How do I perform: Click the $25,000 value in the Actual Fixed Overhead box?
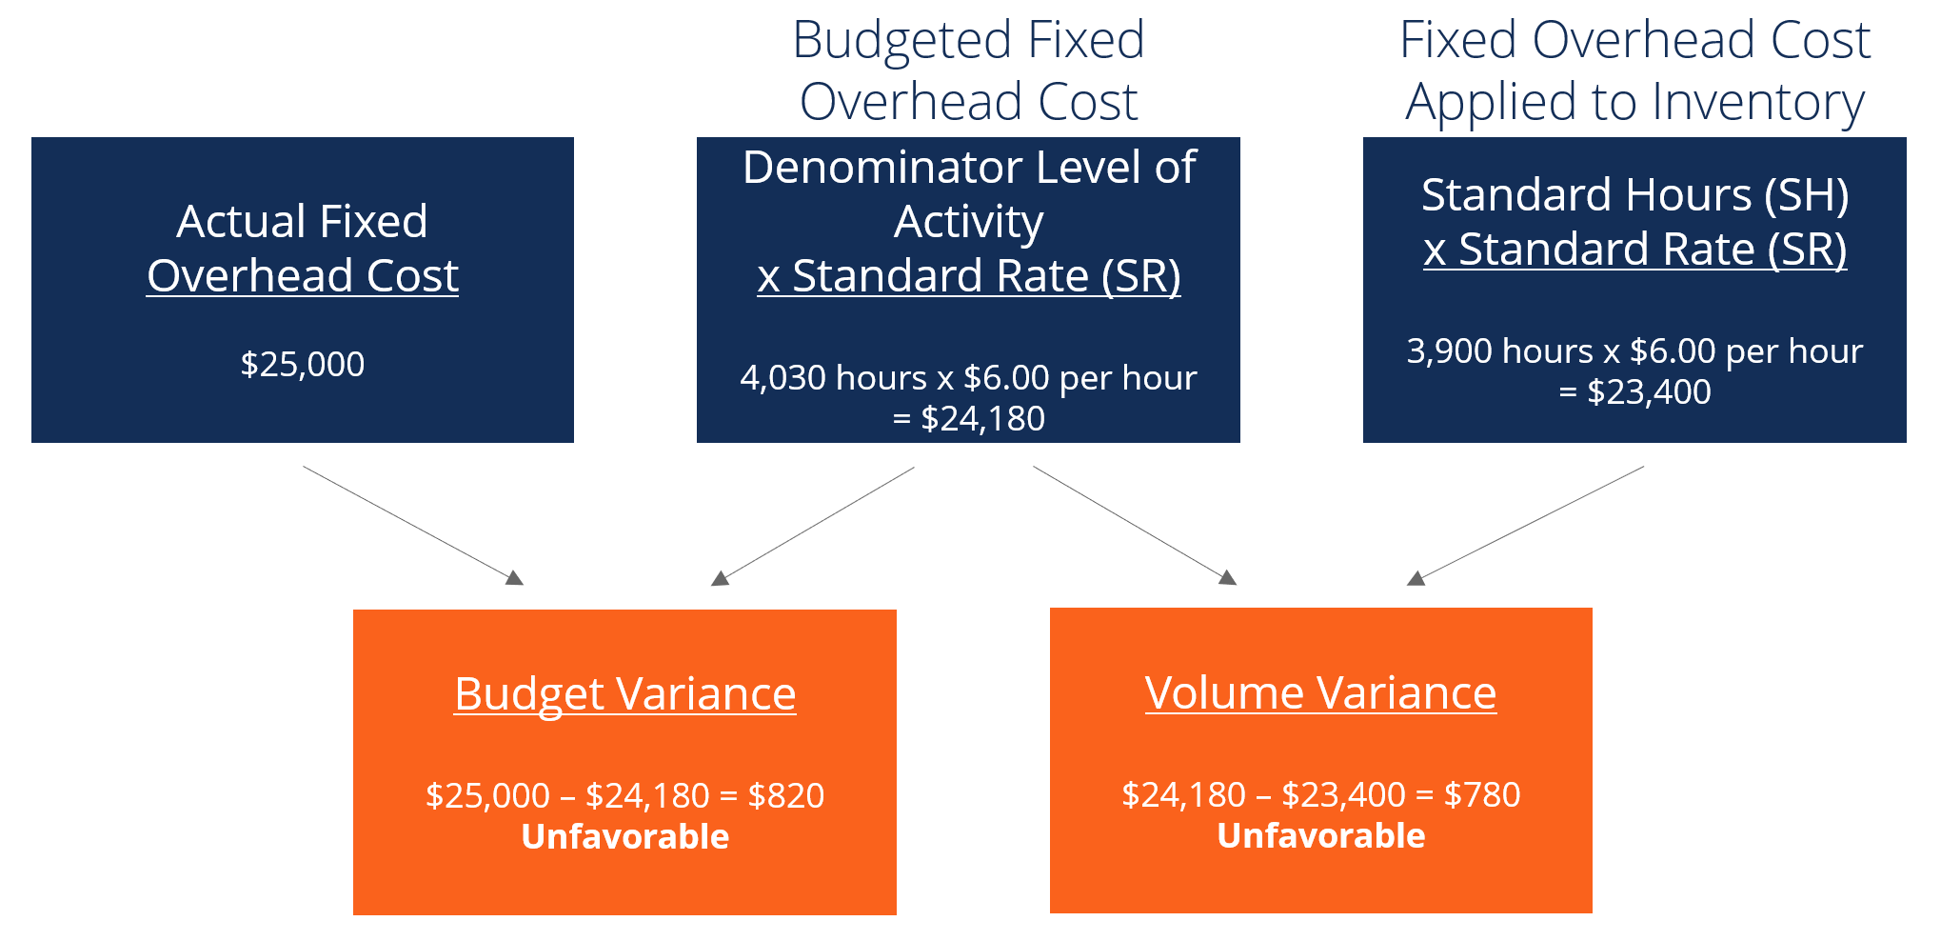(302, 364)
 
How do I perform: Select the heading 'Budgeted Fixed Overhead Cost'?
(968, 70)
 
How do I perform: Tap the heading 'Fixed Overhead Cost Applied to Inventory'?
(1634, 70)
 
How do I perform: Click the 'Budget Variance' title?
(624, 693)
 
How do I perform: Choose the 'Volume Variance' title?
(1320, 692)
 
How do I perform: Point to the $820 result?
(785, 795)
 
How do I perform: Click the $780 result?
(1482, 794)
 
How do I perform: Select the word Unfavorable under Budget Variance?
(624, 836)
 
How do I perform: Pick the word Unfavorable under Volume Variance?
(1320, 835)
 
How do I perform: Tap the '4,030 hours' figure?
(832, 378)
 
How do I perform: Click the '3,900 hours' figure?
(1499, 351)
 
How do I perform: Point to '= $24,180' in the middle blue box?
(968, 419)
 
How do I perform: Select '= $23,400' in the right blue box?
(1634, 392)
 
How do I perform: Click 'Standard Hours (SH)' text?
(1634, 195)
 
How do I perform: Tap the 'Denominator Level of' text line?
(968, 168)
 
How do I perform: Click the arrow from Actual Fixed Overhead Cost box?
(412, 525)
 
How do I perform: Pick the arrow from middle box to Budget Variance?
(813, 525)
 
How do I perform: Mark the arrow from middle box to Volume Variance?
(1134, 525)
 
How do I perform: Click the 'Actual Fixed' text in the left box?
(302, 222)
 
